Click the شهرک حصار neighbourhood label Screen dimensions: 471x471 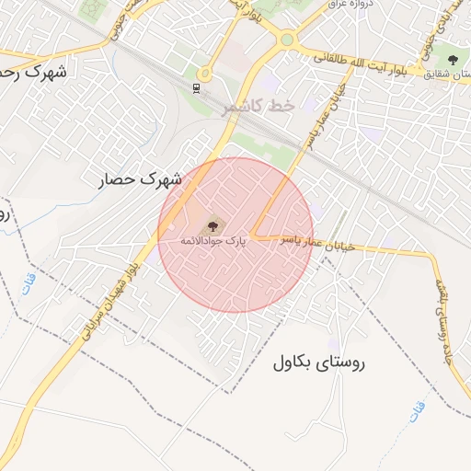pyautogui.click(x=141, y=178)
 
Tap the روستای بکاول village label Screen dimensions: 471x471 pyautogui.click(x=319, y=362)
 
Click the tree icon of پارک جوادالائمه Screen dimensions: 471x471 pyautogui.click(x=214, y=224)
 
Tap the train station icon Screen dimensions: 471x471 pyautogui.click(x=196, y=87)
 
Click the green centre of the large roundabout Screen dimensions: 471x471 pyautogui.click(x=287, y=40)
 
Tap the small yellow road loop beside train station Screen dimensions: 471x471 pyautogui.click(x=204, y=72)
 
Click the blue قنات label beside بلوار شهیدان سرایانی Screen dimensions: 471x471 pyautogui.click(x=30, y=276)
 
